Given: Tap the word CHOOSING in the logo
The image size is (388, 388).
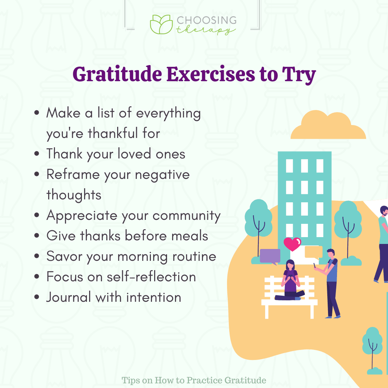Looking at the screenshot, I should (x=206, y=20).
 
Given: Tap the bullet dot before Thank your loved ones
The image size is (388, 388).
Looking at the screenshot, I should (x=37, y=154).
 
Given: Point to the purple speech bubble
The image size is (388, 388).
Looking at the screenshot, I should (x=269, y=256).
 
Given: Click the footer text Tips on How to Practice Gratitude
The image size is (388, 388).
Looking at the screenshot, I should (x=194, y=380).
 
